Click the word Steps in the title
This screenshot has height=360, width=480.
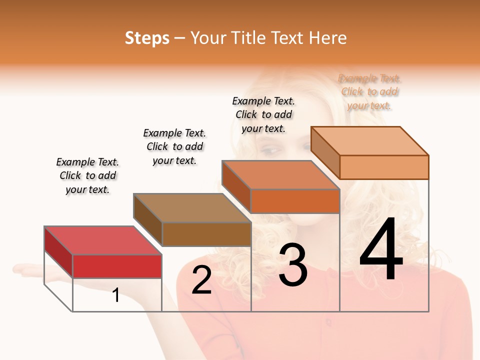pyautogui.click(x=147, y=38)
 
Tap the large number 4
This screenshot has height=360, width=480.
pyautogui.click(x=381, y=250)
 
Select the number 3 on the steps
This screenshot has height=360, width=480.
pyautogui.click(x=292, y=265)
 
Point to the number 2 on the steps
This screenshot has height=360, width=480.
pyautogui.click(x=201, y=280)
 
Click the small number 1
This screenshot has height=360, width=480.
pyautogui.click(x=115, y=295)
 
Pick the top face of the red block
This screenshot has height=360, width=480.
pyautogui.click(x=102, y=240)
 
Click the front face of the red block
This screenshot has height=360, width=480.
pyautogui.click(x=117, y=266)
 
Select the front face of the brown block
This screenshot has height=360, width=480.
pyautogui.click(x=206, y=234)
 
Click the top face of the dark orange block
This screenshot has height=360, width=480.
pyautogui.click(x=280, y=175)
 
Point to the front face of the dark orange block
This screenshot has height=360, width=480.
pyautogui.click(x=295, y=201)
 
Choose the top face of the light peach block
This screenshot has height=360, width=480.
pyautogui.click(x=369, y=140)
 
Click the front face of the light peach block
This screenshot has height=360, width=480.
pyautogui.click(x=384, y=167)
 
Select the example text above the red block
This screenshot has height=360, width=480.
pyautogui.click(x=87, y=175)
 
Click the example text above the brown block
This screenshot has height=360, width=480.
pyautogui.click(x=174, y=146)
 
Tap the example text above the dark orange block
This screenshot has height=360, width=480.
pyautogui.click(x=263, y=114)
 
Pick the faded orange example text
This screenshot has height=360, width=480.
pyautogui.click(x=369, y=91)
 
